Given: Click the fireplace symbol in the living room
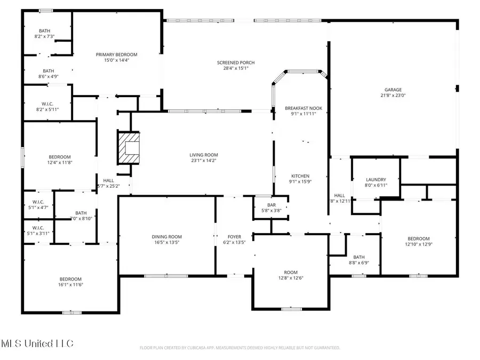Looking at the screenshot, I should (129, 149).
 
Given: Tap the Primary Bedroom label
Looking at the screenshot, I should (117, 54).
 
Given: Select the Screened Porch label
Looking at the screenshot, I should (232, 62).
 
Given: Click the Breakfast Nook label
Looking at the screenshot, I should (303, 108).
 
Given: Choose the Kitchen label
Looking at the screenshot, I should (300, 176).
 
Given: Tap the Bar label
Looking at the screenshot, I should (264, 205).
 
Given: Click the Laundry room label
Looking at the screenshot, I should (376, 180).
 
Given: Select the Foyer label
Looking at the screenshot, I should (234, 236).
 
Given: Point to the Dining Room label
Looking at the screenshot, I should (167, 236).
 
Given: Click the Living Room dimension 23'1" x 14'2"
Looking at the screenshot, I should (203, 160).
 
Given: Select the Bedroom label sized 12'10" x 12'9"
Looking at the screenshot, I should (419, 238).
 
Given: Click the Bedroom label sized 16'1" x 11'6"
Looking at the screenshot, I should (70, 279).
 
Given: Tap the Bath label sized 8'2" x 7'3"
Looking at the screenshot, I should (44, 30).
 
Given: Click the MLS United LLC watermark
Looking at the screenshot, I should (37, 343).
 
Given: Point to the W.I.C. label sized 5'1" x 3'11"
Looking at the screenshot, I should (37, 228).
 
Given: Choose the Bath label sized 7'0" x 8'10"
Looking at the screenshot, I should (81, 212).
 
